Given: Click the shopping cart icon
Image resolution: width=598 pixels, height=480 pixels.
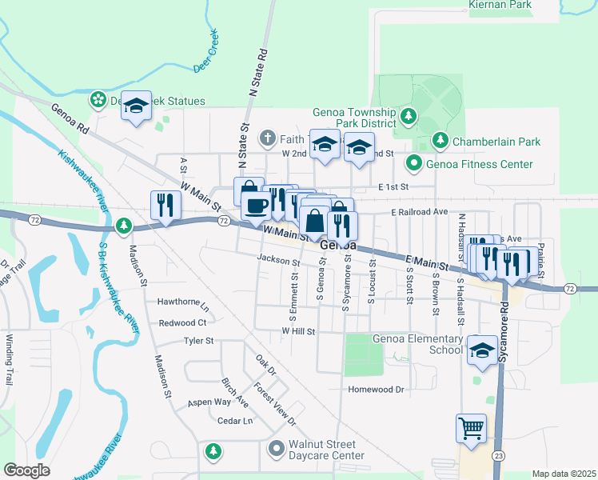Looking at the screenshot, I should pyautogui.click(x=471, y=427).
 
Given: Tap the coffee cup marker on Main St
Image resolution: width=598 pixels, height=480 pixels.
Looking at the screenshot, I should pyautogui.click(x=256, y=206).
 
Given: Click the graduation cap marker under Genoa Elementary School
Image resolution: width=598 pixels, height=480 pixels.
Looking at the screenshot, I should pyautogui.click(x=483, y=350).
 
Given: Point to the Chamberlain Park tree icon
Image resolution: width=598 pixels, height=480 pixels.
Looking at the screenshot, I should pyautogui.click(x=440, y=142).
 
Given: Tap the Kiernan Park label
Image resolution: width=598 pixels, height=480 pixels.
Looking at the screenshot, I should pyautogui.click(x=500, y=5).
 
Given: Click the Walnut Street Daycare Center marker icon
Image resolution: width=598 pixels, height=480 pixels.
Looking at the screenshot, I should pyautogui.click(x=277, y=448).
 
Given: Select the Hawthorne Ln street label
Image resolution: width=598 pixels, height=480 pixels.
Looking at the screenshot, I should pyautogui.click(x=183, y=306).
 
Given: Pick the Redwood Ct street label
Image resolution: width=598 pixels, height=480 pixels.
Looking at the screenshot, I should pyautogui.click(x=182, y=322).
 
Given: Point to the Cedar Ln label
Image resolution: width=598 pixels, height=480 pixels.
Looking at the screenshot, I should pyautogui.click(x=234, y=421).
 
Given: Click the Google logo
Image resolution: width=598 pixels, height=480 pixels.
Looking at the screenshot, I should pyautogui.click(x=26, y=470).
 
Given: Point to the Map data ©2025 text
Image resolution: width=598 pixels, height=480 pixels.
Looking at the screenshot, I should pyautogui.click(x=564, y=474).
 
